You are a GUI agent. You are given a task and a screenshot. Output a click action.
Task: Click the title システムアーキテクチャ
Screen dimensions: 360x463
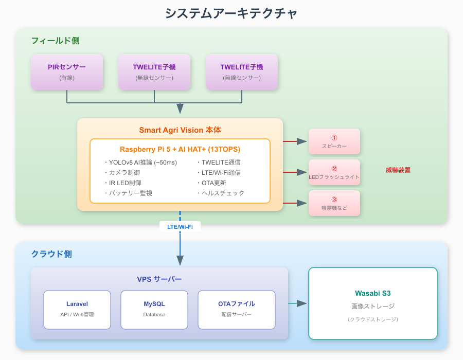click(x=231, y=13)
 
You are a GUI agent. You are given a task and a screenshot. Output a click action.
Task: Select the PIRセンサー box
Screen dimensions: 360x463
click(x=67, y=72)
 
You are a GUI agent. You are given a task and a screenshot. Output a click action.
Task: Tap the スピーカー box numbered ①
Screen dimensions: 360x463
click(x=334, y=141)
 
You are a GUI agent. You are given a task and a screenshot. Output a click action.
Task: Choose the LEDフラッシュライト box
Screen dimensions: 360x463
click(x=334, y=172)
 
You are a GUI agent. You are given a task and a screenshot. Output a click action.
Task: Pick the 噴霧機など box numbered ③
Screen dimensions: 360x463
click(x=334, y=203)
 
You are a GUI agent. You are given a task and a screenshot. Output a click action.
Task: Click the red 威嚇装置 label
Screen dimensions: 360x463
click(x=398, y=170)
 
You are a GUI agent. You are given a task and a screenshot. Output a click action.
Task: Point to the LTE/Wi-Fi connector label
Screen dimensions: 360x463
click(x=180, y=226)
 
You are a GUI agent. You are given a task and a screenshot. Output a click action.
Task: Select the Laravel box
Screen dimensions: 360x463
click(x=77, y=310)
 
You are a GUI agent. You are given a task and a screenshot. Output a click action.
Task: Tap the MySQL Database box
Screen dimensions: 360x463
click(x=154, y=310)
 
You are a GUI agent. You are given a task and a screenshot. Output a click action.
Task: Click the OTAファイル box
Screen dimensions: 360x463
click(x=237, y=310)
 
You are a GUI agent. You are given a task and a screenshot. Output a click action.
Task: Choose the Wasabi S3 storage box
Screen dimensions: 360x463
click(x=373, y=303)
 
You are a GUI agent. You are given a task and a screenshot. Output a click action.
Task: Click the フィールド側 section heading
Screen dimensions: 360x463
click(x=55, y=41)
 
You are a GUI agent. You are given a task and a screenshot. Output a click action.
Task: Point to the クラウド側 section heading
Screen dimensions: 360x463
click(x=51, y=254)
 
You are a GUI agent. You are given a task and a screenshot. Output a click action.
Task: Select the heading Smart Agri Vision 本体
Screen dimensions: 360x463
click(x=180, y=130)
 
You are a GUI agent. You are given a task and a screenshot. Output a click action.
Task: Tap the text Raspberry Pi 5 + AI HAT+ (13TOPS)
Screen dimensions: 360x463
click(x=180, y=149)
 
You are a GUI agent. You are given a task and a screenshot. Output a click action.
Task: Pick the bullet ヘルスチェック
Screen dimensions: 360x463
click(x=221, y=193)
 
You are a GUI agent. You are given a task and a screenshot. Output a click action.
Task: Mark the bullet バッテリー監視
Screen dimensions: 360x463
click(x=128, y=193)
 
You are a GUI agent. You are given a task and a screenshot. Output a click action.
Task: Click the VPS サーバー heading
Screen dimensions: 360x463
click(x=159, y=279)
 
